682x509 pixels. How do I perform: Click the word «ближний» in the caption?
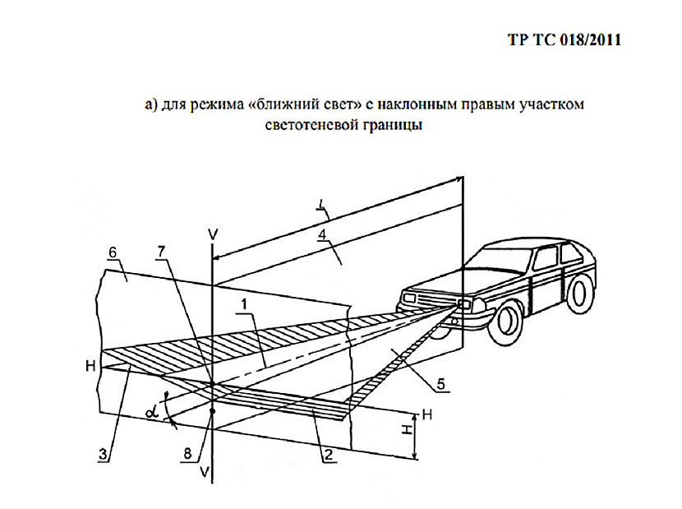point(283,105)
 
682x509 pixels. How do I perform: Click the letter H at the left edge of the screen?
point(98,364)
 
